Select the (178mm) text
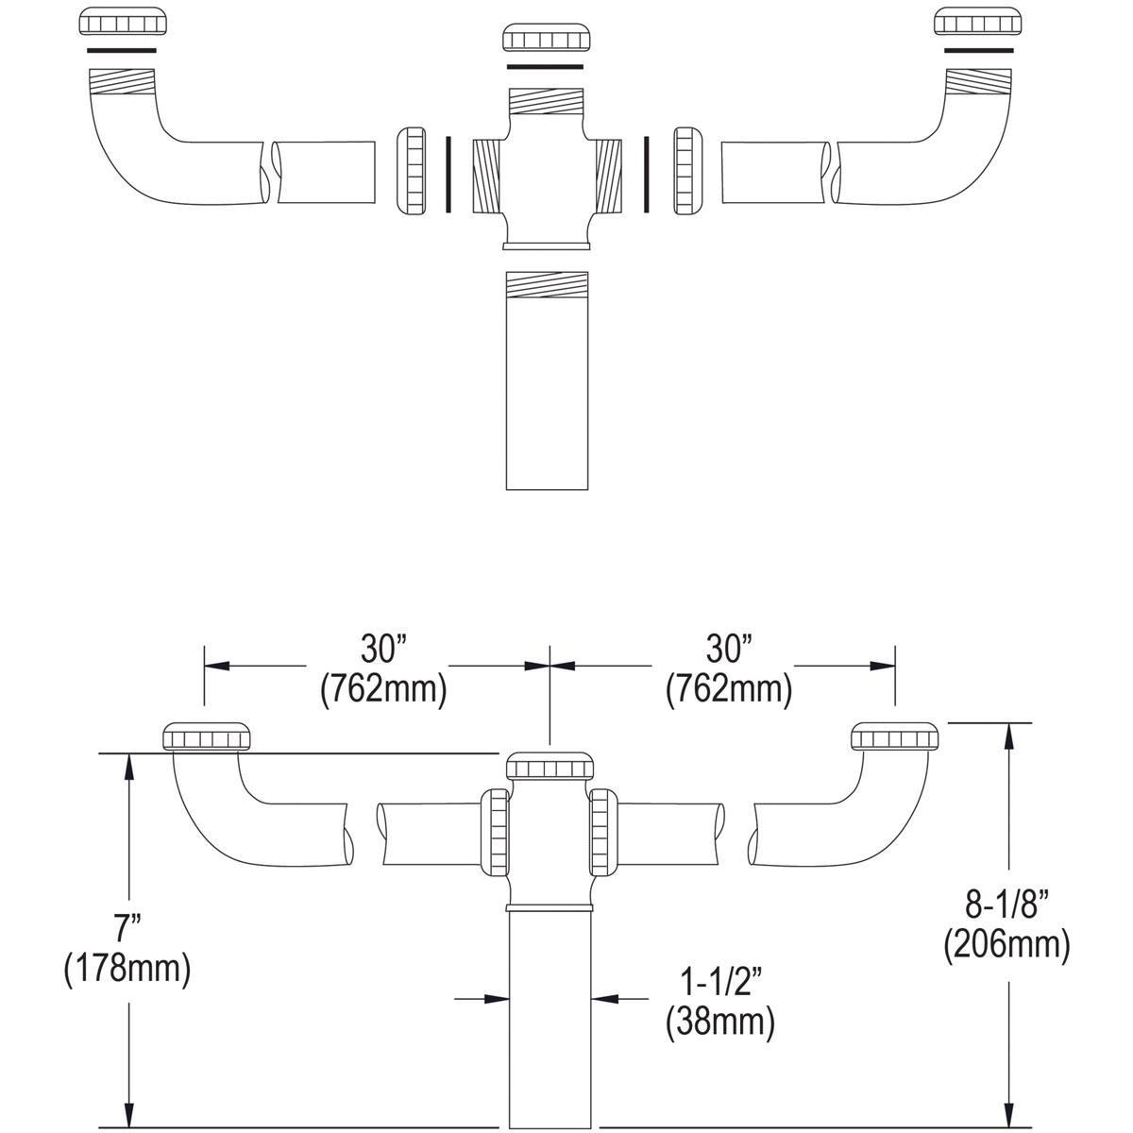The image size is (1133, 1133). coord(127,969)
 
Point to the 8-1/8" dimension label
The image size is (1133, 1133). coord(1006,905)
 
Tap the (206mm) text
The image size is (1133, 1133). coord(1006,945)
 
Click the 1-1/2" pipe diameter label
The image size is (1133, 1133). coord(719,982)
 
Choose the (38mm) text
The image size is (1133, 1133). coord(719,1022)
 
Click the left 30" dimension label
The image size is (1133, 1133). coord(382,649)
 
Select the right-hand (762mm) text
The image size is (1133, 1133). coord(728,690)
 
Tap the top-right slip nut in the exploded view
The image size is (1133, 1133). coord(977,23)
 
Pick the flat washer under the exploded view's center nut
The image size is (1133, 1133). coord(549,66)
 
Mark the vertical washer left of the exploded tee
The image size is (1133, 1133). coord(446,173)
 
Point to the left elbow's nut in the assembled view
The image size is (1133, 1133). coord(209,736)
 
